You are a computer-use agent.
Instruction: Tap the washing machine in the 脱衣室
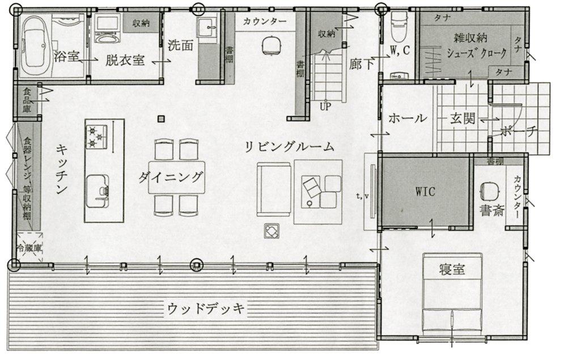coord(108,29)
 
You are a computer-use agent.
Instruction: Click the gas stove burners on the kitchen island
coord(96,136)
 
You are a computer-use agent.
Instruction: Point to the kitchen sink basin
coord(96,191)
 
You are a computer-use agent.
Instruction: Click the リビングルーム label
coord(289,147)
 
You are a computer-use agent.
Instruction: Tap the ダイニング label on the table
coord(171,177)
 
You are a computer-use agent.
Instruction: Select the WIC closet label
coord(425,191)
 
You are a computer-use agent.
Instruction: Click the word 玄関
coord(463,118)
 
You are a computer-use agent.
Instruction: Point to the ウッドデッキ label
coord(206,309)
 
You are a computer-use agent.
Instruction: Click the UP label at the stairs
coord(325,107)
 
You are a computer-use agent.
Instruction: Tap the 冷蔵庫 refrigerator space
coord(29,248)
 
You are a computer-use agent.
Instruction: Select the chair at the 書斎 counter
coord(489,190)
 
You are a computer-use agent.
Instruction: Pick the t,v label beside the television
coord(362,196)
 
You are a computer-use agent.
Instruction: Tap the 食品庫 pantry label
coord(27,100)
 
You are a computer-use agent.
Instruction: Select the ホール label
coord(408,118)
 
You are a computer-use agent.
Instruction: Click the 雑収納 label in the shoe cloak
coord(470,38)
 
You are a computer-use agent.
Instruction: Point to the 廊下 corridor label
coord(362,65)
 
